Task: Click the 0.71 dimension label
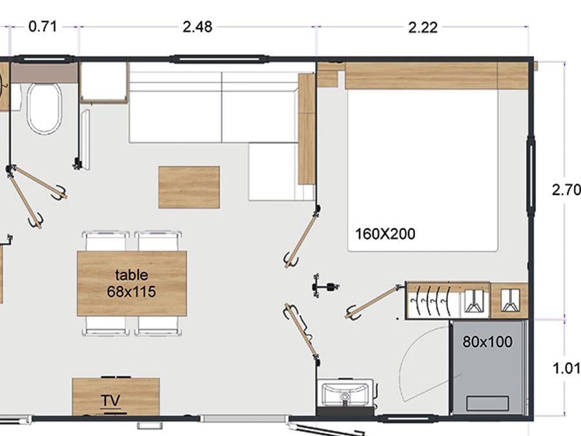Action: pyautogui.click(x=43, y=26)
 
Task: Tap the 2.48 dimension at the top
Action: pyautogui.click(x=198, y=26)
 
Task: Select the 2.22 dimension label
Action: pyautogui.click(x=423, y=27)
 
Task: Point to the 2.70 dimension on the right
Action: pyautogui.click(x=566, y=190)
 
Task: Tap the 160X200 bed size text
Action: pyautogui.click(x=385, y=234)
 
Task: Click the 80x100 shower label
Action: pyautogui.click(x=487, y=342)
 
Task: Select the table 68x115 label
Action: pyautogui.click(x=132, y=284)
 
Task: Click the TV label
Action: pyautogui.click(x=111, y=400)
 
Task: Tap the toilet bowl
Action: pyautogui.click(x=44, y=109)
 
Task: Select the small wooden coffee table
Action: pyautogui.click(x=189, y=187)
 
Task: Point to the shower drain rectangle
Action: pyautogui.click(x=487, y=403)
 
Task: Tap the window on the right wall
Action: pyautogui.click(x=531, y=176)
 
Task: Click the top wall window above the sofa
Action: pyautogui.click(x=219, y=59)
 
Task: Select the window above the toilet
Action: pyautogui.click(x=44, y=59)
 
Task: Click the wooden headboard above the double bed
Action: pyautogui.click(x=420, y=76)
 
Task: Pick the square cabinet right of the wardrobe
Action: pyautogui.click(x=509, y=300)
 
